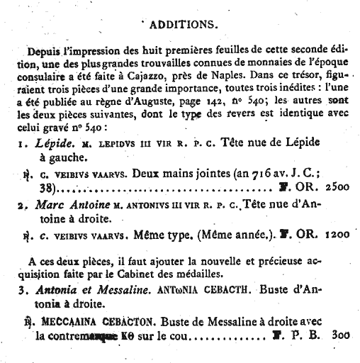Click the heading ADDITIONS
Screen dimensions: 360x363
click(x=184, y=24)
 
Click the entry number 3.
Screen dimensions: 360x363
click(x=23, y=289)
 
